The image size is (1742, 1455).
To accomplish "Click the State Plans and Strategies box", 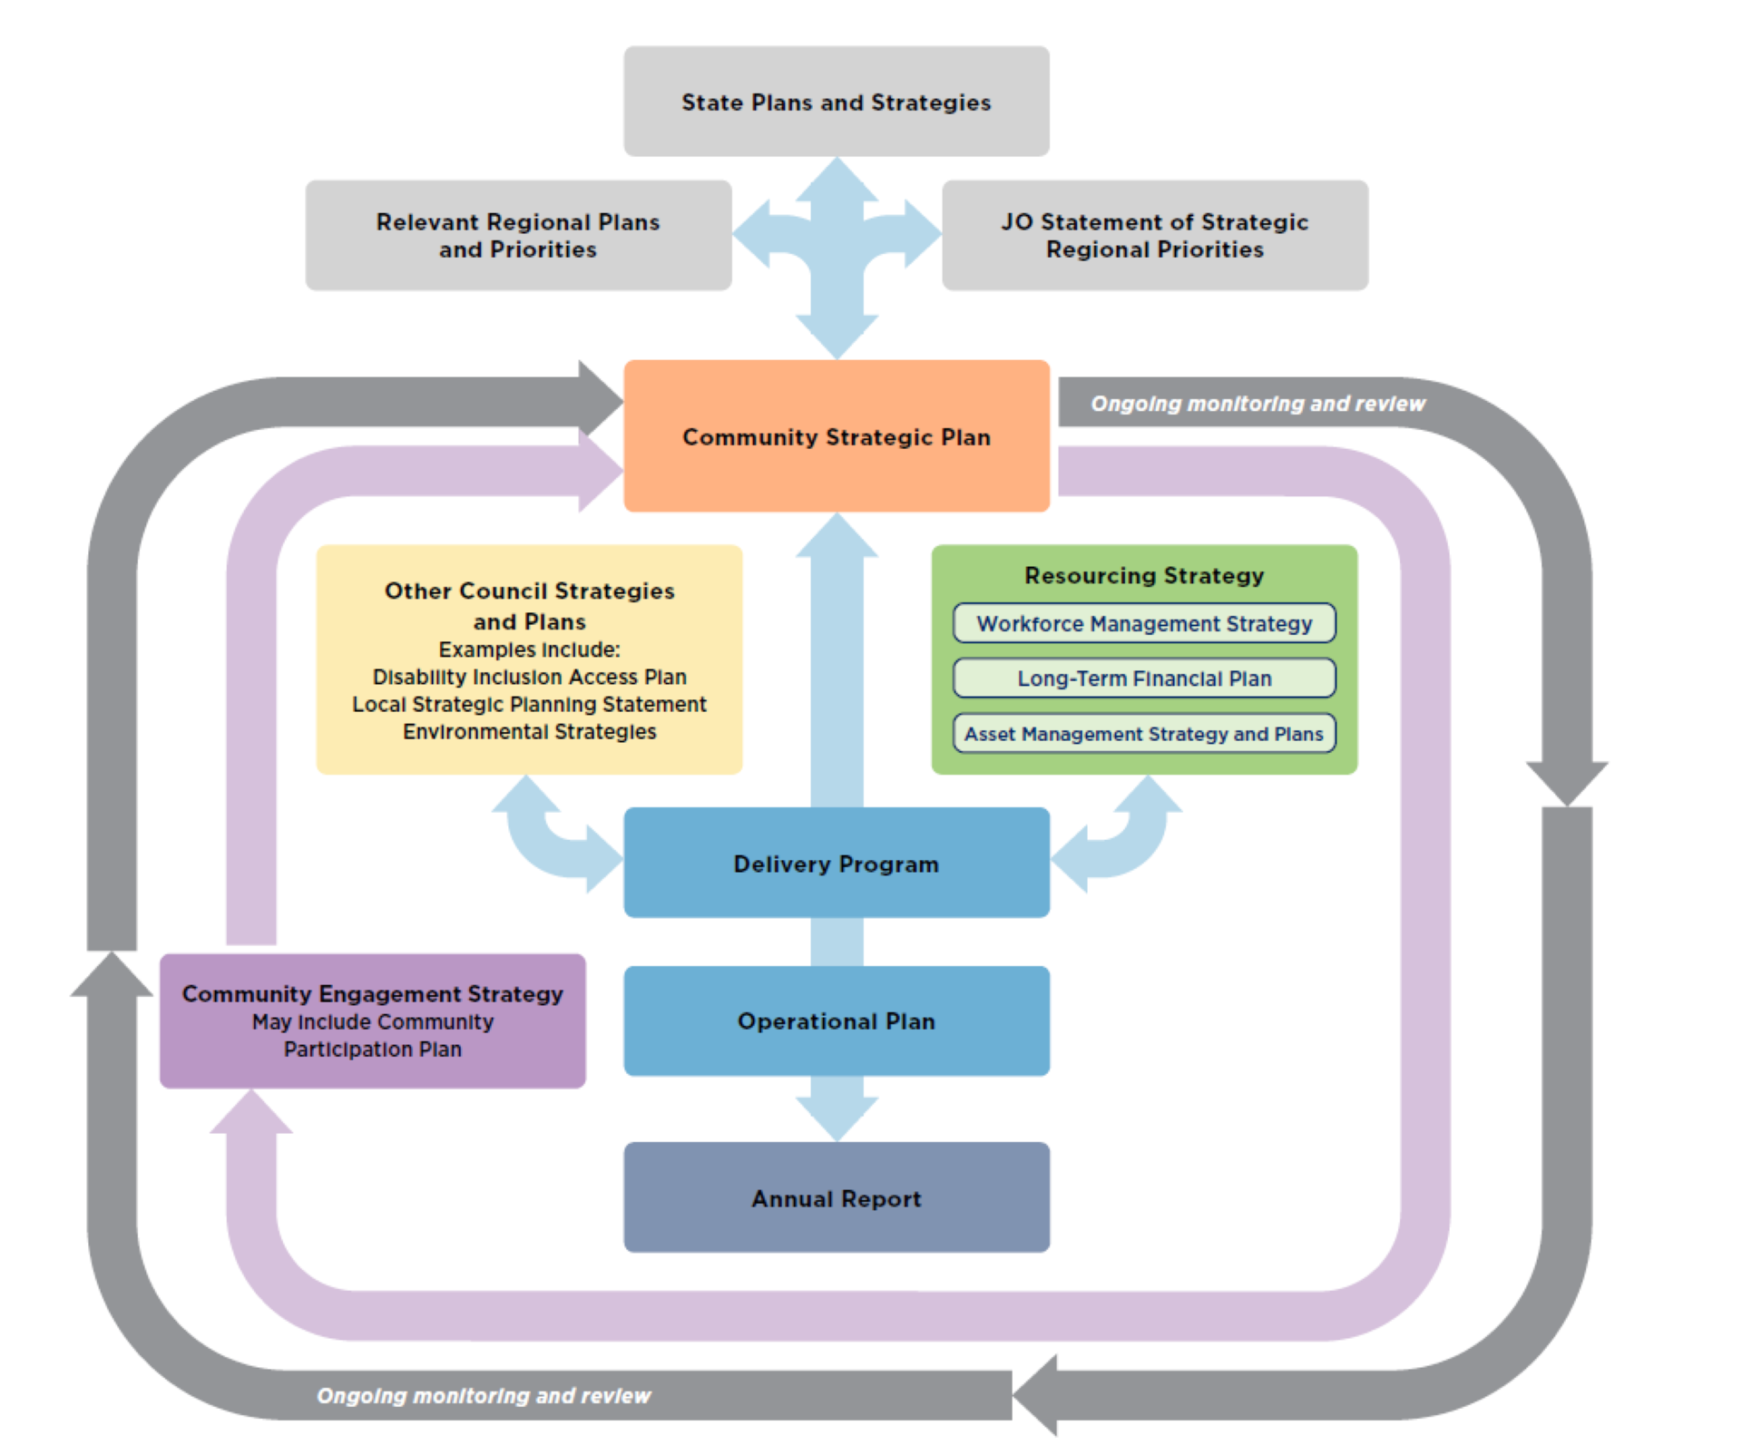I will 836,102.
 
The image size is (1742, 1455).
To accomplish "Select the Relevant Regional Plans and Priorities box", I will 518,235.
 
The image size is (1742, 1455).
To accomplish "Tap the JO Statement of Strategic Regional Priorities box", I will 1154,235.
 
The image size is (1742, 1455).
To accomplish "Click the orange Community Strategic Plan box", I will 836,436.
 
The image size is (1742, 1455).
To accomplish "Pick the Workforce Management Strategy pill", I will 1144,623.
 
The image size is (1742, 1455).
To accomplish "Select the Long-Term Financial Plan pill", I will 1144,679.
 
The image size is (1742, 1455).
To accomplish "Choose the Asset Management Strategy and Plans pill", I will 1144,734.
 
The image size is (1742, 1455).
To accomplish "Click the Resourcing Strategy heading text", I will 1144,575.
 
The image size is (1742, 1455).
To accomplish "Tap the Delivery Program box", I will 836,863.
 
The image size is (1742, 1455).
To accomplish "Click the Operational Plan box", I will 836,1020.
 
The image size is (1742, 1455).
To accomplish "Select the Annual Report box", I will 836,1197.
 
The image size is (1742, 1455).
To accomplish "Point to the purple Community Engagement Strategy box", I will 372,1020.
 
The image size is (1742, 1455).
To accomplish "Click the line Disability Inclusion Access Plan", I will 529,677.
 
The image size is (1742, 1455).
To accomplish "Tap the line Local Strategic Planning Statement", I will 529,704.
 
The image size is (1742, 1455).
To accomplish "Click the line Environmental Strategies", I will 529,731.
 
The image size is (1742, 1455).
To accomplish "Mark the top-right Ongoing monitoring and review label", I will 1258,404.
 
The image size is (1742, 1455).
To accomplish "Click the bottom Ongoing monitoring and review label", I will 484,1395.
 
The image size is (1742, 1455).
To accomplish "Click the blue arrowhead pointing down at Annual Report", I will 837,1116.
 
